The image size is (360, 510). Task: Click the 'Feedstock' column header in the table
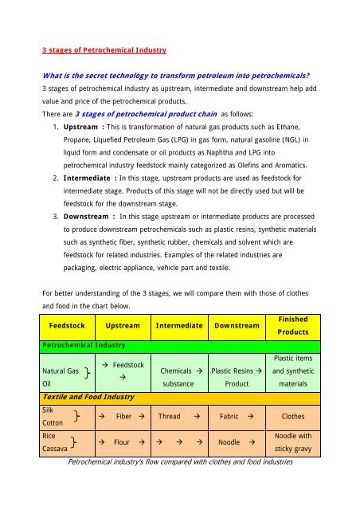[x=72, y=325]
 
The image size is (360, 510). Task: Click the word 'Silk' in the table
[x=51, y=407]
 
